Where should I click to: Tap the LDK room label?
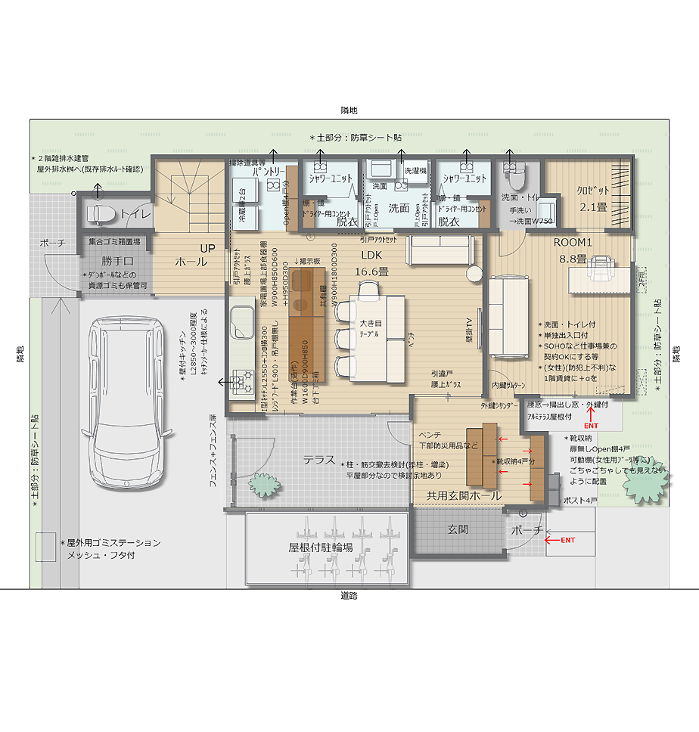click(371, 255)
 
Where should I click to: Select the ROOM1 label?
click(573, 243)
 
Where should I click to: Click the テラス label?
click(319, 460)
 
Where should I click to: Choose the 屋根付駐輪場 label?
click(320, 548)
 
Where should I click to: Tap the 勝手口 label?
click(117, 261)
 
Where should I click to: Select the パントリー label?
click(269, 172)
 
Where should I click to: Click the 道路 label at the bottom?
click(349, 596)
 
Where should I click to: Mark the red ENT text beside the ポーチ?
click(567, 540)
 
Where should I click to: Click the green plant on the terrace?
click(264, 482)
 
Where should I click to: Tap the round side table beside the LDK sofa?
click(474, 273)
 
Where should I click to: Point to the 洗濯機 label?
click(416, 172)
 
